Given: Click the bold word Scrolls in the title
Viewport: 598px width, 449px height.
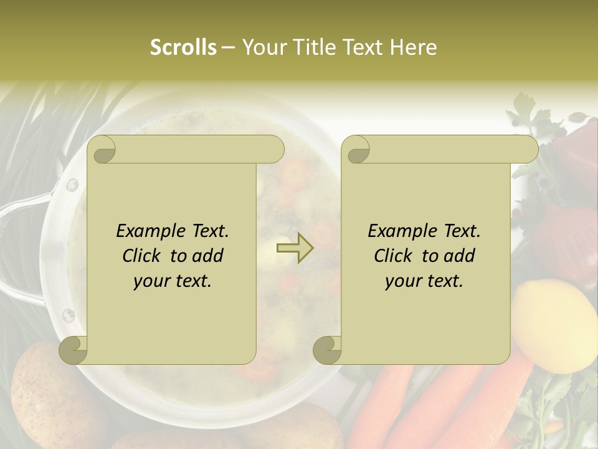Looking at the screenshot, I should coord(184,47).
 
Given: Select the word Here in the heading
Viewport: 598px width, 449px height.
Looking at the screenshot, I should coord(413,47).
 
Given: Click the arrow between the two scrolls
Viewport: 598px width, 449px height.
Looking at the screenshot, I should coord(295,248).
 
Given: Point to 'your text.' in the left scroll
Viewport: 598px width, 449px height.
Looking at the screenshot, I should coord(173,281).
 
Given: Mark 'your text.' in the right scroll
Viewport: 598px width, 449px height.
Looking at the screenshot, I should coord(424,281).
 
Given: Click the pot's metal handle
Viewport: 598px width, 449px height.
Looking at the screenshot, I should coord(19,249).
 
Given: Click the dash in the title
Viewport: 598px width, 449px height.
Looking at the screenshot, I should coord(229,47).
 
